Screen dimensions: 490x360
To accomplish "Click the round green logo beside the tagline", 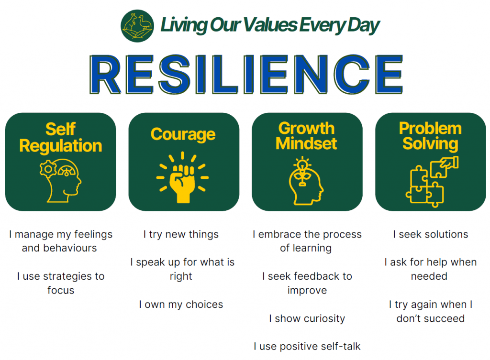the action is (137, 26).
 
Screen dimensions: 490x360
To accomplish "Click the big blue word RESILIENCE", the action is (246, 74).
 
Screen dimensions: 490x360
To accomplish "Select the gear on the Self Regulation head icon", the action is (48, 169).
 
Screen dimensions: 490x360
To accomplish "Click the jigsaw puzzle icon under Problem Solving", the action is (432, 182).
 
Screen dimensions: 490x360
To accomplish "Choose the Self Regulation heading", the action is (61, 137).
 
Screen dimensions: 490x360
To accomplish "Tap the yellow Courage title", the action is (183, 134).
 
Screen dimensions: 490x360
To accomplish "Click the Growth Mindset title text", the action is (306, 136).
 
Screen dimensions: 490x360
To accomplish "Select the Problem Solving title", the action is (430, 136).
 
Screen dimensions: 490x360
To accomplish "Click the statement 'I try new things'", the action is (181, 234).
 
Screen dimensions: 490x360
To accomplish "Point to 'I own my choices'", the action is (181, 305).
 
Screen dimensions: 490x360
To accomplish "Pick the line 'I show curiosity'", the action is (307, 318).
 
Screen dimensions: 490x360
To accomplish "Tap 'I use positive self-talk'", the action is (307, 346).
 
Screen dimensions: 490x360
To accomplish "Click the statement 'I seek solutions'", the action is (430, 234).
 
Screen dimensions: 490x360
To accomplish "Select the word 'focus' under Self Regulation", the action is (61, 290).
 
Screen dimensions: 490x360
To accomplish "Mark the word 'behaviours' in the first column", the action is (70, 248).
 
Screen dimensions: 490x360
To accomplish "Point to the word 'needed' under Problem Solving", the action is (429, 276).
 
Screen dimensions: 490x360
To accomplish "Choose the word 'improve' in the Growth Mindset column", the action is (307, 291).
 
